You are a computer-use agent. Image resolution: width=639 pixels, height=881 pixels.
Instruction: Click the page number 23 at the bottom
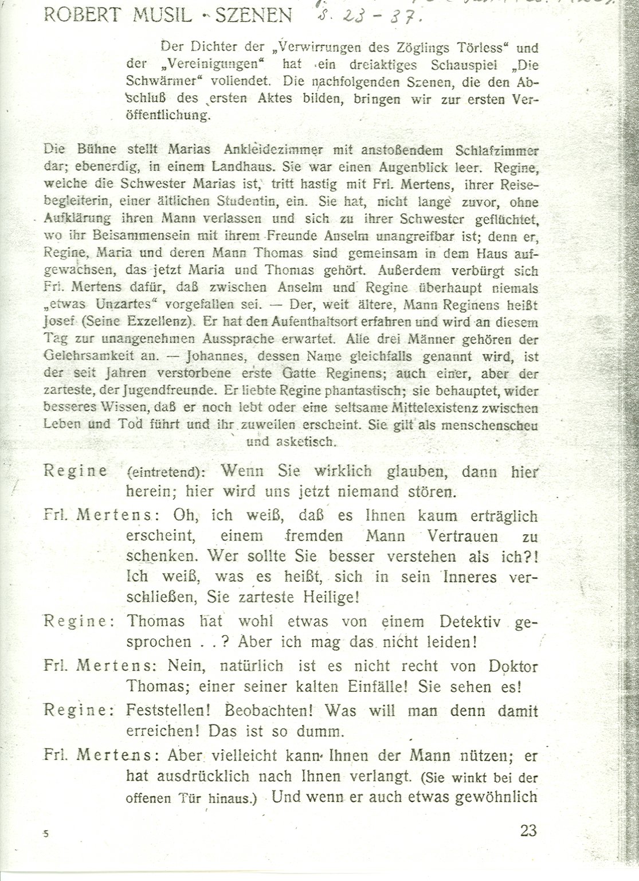click(527, 830)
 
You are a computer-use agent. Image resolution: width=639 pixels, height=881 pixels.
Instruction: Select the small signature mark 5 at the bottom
click(45, 835)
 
